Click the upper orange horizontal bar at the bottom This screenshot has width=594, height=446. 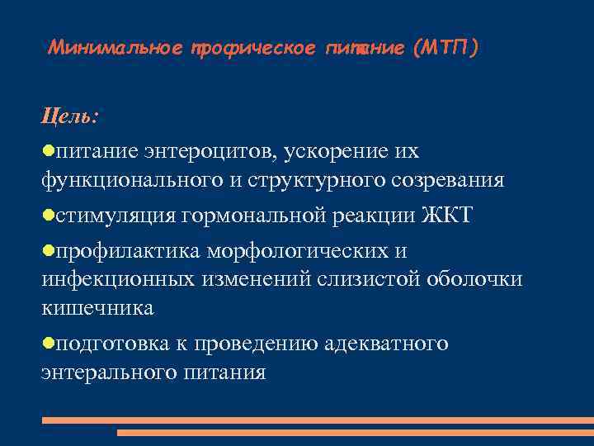318,420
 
